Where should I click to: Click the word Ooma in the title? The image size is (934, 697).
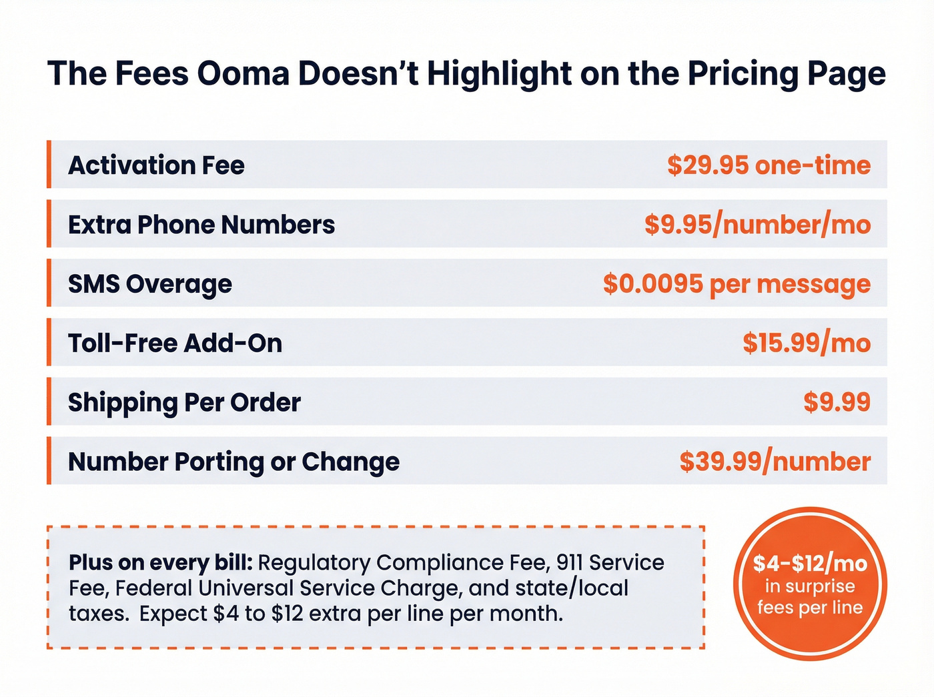tap(244, 73)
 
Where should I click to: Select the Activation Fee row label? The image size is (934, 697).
tap(156, 165)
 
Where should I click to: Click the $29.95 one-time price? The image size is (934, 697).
tap(769, 165)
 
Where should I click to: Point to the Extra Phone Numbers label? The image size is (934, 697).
tap(201, 225)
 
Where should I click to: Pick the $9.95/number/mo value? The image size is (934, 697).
tap(757, 225)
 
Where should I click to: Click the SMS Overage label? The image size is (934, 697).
tap(150, 284)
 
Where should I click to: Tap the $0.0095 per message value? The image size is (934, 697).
tap(737, 284)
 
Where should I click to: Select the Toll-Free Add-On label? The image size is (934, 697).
tap(175, 343)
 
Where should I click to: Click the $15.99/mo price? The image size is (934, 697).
tap(807, 343)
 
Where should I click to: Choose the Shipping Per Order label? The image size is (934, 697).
tap(184, 403)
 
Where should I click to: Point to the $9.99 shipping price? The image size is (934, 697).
tap(837, 402)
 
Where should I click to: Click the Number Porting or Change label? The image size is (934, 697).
tap(233, 462)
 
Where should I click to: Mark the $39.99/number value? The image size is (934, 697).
tap(775, 462)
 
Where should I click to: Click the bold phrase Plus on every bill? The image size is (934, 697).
tap(160, 563)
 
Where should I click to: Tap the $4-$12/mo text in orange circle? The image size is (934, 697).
tap(810, 564)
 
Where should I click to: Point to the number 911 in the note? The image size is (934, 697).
tap(569, 563)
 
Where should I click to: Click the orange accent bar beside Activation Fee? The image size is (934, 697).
tap(49, 165)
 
